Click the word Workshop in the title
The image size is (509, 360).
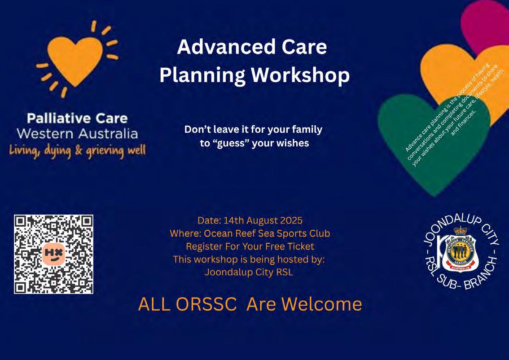[300, 75]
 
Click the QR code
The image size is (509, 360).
[53, 254]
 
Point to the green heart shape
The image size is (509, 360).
[434, 143]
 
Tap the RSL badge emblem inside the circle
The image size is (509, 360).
[461, 250]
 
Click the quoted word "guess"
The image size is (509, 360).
[230, 143]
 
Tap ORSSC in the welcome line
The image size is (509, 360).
[206, 304]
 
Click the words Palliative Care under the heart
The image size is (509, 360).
[77, 119]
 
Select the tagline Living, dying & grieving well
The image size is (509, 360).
[77, 151]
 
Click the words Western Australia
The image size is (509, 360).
[77, 134]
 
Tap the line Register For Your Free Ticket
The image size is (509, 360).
[250, 246]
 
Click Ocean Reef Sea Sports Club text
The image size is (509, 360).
[267, 233]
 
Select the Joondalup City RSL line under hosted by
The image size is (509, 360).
[249, 272]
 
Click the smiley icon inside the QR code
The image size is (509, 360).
[53, 255]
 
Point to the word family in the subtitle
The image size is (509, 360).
[307, 130]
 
